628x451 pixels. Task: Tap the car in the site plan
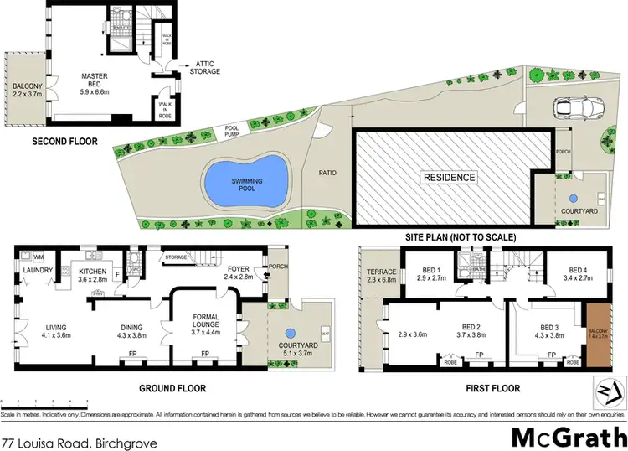(x=576, y=107)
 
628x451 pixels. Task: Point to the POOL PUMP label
(x=232, y=131)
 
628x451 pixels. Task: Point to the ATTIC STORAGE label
(x=207, y=67)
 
